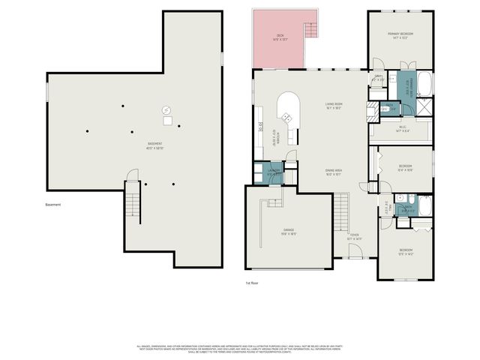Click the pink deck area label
(x=280, y=37)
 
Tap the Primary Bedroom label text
(x=400, y=36)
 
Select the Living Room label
(x=334, y=106)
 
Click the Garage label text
(x=288, y=231)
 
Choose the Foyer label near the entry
(x=354, y=237)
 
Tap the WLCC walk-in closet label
(x=402, y=128)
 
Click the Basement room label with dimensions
(x=155, y=145)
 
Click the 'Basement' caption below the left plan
(x=52, y=205)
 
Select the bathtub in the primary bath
(x=424, y=83)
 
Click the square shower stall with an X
(x=425, y=107)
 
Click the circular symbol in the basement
(x=166, y=111)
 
